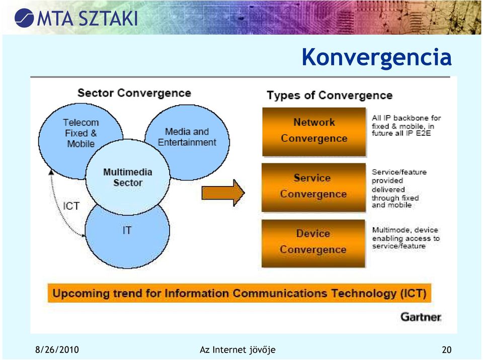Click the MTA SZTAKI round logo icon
(24, 18)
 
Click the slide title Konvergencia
(376, 57)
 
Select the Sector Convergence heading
(134, 93)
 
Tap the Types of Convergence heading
(330, 95)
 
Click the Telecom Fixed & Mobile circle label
(80, 133)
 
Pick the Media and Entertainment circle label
(187, 137)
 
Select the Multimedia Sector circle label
(128, 177)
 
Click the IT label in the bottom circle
(127, 230)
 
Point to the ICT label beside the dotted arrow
(71, 206)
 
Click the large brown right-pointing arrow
(223, 193)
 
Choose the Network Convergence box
(314, 132)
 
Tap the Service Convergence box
(313, 188)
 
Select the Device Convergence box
(313, 243)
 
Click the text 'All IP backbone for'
(407, 118)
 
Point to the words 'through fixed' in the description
(395, 198)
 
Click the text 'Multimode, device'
(405, 230)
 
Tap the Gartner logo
(421, 317)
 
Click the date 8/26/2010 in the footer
(57, 350)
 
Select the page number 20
(447, 350)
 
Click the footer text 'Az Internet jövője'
(237, 350)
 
